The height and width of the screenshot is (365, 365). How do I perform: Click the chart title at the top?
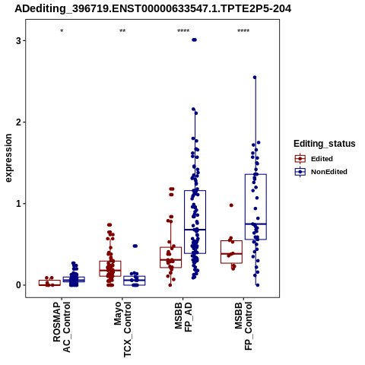click(x=153, y=9)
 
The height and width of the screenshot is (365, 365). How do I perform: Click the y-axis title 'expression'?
click(x=8, y=158)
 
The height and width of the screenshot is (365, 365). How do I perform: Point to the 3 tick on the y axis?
click(x=18, y=40)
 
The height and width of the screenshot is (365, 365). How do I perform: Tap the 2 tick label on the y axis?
click(x=18, y=122)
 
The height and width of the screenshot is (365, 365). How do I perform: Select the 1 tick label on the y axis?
click(x=18, y=204)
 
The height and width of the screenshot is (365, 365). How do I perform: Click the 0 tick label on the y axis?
click(x=18, y=285)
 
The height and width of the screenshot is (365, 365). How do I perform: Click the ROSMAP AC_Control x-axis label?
click(x=62, y=327)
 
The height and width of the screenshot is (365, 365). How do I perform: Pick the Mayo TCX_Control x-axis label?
click(x=122, y=329)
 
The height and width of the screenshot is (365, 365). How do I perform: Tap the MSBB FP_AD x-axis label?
click(x=183, y=317)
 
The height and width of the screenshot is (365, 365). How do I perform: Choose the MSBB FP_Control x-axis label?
click(x=243, y=326)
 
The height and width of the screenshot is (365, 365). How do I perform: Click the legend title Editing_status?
click(x=325, y=144)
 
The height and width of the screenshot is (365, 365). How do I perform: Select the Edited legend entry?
click(x=314, y=159)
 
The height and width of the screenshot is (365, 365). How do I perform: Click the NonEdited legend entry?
click(x=321, y=172)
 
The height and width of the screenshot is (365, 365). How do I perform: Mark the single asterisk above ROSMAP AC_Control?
click(x=62, y=31)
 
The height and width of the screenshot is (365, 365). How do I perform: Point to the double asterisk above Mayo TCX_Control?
click(x=122, y=31)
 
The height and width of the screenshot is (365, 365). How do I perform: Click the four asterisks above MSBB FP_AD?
click(x=183, y=31)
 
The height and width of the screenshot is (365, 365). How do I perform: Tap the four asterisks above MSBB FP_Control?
click(x=243, y=31)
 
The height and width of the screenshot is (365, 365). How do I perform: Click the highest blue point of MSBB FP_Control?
click(x=255, y=78)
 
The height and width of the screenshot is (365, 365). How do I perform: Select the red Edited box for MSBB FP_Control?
click(x=231, y=252)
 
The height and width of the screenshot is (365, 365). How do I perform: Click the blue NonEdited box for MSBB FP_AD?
click(x=195, y=222)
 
